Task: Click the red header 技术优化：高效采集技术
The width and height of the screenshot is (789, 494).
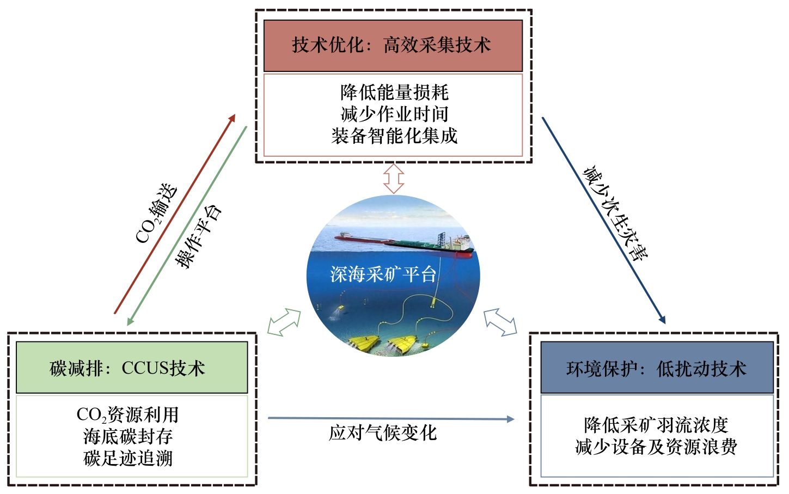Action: click(393, 45)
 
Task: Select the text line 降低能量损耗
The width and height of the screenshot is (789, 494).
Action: click(394, 93)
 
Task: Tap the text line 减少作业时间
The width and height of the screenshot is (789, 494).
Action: click(394, 114)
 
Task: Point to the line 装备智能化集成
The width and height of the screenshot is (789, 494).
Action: click(394, 136)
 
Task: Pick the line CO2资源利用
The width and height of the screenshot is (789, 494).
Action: click(127, 415)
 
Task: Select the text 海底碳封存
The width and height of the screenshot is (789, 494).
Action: click(128, 436)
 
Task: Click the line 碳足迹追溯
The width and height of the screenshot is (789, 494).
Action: click(128, 458)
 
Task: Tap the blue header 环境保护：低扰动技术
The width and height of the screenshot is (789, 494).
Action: click(657, 369)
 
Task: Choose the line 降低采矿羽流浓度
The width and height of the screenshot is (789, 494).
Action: click(656, 425)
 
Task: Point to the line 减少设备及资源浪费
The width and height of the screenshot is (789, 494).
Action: click(656, 447)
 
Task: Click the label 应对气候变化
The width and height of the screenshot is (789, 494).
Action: click(383, 433)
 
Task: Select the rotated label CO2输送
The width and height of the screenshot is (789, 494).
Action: click(156, 213)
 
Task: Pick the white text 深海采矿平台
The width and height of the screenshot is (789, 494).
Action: click(383, 274)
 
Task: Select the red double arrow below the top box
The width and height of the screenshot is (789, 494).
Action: click(393, 179)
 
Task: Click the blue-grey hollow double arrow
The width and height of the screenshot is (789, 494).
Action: click(500, 321)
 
